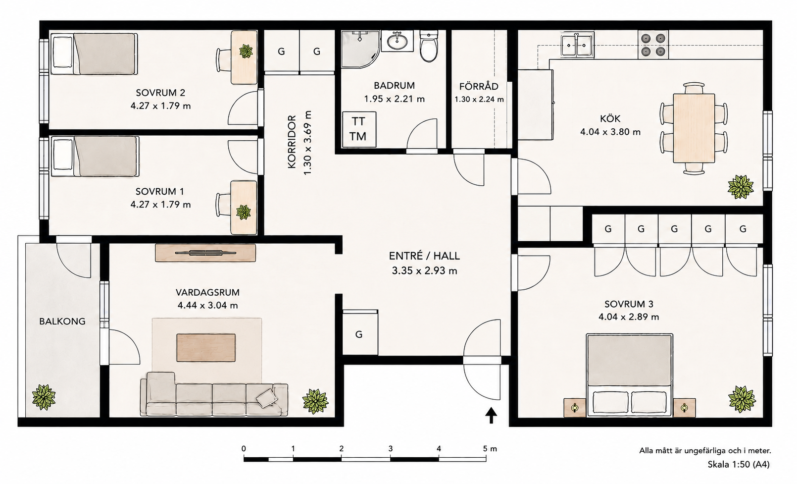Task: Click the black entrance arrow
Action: tap(491, 415)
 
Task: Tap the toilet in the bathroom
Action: tap(428, 46)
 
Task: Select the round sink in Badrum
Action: tap(397, 41)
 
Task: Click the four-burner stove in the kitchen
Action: tap(653, 45)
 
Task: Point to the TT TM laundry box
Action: tap(359, 129)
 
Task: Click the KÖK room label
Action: tap(610, 118)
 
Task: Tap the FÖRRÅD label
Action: tap(479, 86)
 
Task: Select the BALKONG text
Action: tap(62, 321)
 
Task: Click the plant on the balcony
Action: tap(44, 397)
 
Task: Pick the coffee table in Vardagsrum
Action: tap(206, 348)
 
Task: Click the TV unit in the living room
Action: tap(205, 253)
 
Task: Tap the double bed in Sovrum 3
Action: tap(629, 375)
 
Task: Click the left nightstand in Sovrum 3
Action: tap(575, 407)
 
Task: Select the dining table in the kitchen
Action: tap(694, 128)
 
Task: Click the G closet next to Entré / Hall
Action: tap(359, 334)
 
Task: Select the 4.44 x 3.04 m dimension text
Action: tap(208, 305)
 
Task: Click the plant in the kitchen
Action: tap(741, 187)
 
